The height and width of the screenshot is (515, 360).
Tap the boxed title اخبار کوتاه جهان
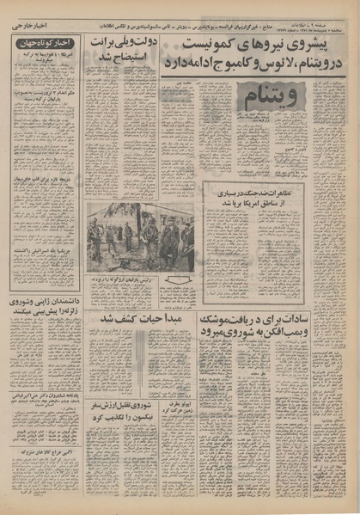tap(43, 43)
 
